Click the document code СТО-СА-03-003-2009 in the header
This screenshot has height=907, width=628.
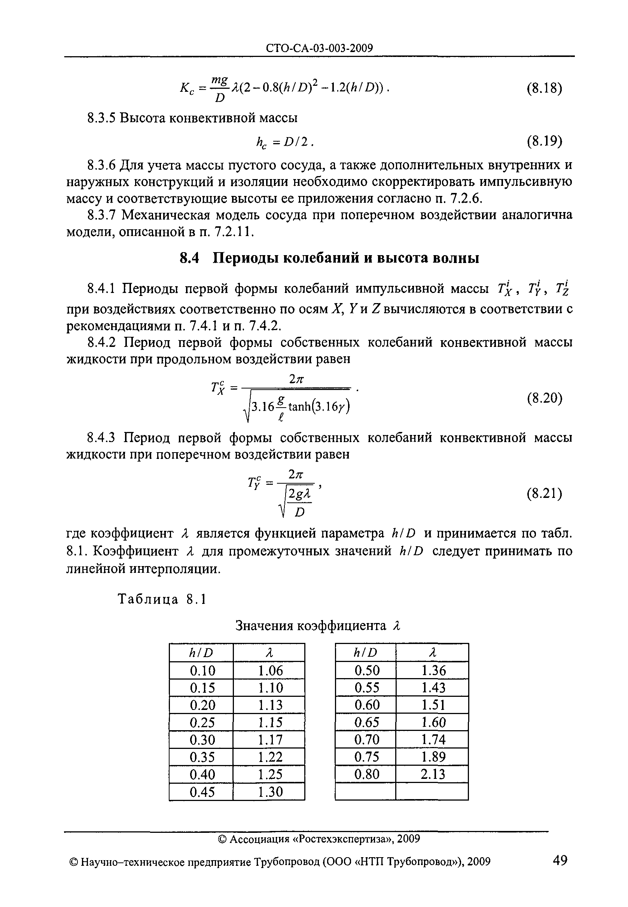319,48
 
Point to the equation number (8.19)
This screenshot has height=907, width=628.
544,140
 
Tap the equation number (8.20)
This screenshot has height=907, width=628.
544,399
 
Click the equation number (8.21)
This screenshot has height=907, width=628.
544,493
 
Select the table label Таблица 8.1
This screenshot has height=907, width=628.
162,599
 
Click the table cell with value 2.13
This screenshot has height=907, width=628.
432,774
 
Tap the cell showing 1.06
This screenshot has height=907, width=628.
270,670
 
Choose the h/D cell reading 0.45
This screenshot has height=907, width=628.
202,792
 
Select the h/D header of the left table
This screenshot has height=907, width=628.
201,653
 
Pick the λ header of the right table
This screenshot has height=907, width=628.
432,653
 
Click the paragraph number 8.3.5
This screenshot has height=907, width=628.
101,118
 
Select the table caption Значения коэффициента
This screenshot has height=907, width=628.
311,625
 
